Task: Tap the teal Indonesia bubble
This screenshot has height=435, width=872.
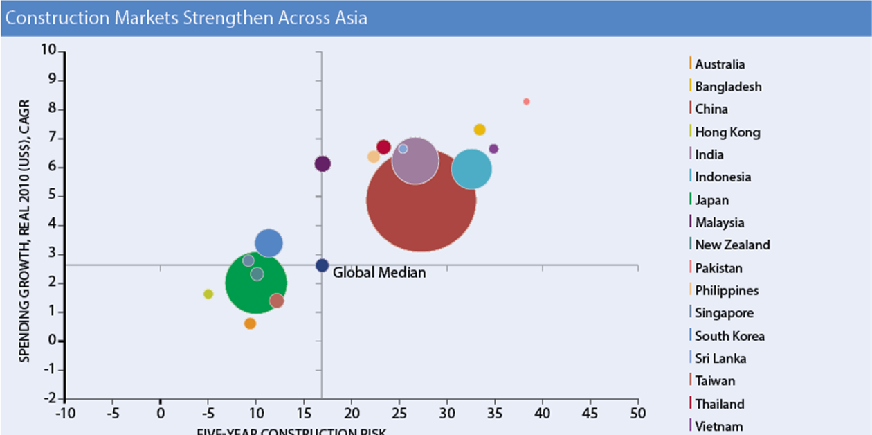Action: (471, 169)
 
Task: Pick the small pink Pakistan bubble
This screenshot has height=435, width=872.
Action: (526, 102)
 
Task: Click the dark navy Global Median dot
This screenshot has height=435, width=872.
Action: (323, 265)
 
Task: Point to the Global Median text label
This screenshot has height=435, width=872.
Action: (379, 273)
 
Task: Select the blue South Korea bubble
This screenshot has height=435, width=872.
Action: (269, 243)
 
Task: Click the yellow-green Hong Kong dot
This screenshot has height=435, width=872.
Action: (208, 294)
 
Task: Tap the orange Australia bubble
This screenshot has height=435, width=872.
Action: (250, 323)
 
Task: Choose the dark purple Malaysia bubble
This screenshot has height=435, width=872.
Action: (323, 164)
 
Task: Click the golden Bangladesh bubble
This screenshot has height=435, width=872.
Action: (480, 130)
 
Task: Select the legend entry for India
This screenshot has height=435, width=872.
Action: (709, 154)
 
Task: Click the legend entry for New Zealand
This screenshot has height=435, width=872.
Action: (732, 245)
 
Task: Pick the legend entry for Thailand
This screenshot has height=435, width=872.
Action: (720, 404)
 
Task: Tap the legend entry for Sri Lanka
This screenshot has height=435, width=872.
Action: (720, 358)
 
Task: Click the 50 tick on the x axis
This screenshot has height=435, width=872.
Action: (637, 413)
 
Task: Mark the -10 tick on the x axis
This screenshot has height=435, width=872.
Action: (64, 413)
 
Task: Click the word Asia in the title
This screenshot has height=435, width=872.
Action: (349, 18)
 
